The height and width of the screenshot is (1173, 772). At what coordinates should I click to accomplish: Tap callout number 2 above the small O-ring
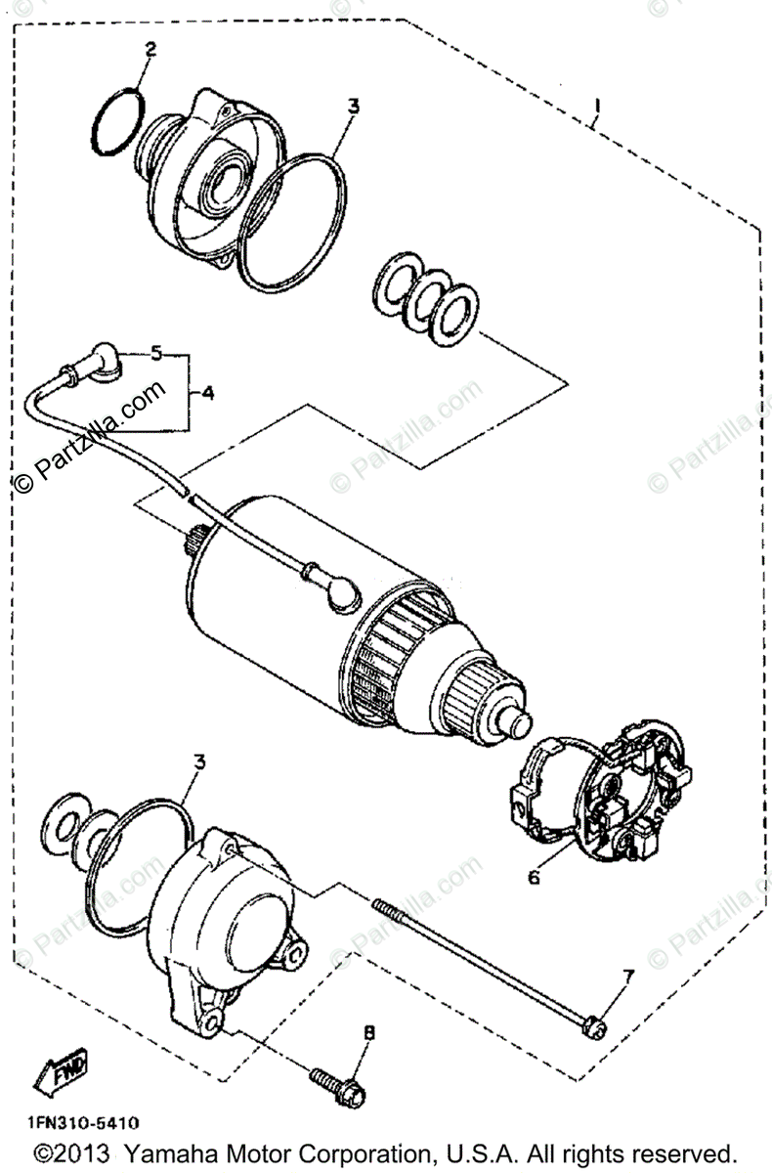pyautogui.click(x=150, y=48)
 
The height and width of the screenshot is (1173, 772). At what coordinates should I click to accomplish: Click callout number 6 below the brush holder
pyautogui.click(x=534, y=877)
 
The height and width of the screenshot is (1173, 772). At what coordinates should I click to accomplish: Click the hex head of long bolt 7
pyautogui.click(x=593, y=1025)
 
